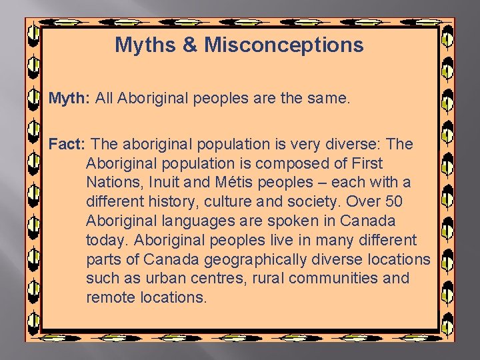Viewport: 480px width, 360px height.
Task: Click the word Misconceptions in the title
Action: (284, 45)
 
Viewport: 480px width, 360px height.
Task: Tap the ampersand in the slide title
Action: (190, 45)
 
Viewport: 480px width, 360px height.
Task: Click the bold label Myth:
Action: (69, 99)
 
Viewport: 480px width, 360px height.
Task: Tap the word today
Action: (106, 240)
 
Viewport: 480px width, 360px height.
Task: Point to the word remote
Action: (111, 297)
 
